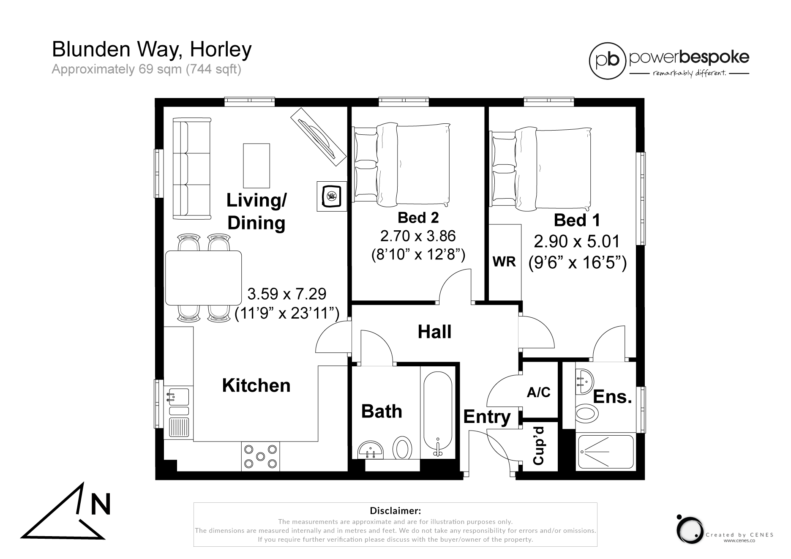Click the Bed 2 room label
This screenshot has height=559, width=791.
(x=418, y=218)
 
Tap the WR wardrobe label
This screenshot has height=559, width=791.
(x=504, y=262)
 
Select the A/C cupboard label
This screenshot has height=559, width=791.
(x=538, y=393)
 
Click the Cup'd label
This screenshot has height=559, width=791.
(x=539, y=445)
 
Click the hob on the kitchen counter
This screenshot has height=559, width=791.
(x=260, y=456)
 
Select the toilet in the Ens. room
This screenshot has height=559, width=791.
(x=586, y=412)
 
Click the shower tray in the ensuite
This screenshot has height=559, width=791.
(x=605, y=452)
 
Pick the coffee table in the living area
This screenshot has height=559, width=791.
(x=256, y=165)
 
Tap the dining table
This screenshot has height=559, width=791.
(x=203, y=278)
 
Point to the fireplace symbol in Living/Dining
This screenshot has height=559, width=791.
(x=331, y=196)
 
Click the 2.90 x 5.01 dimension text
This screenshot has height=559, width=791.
(x=576, y=241)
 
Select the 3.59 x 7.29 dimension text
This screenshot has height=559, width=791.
(x=286, y=293)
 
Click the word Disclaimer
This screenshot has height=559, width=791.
(x=395, y=510)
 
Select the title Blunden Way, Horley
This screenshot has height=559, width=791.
(x=152, y=49)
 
